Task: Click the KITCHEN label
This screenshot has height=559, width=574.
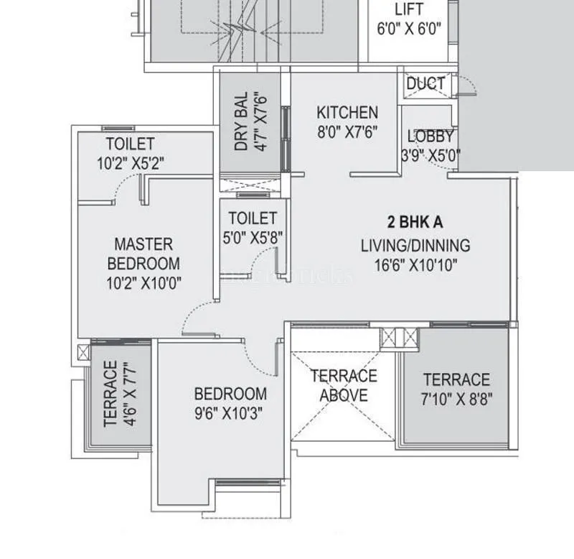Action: pos(347,113)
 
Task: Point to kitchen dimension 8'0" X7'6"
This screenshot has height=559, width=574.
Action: pos(347,131)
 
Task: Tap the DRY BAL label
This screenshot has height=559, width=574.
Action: pos(241,121)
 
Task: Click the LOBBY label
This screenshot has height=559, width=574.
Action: pos(430,136)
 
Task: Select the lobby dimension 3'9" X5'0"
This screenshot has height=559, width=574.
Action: pos(430,154)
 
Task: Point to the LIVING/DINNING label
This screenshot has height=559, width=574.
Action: pos(415,246)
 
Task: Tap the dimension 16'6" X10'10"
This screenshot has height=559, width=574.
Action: pos(415,264)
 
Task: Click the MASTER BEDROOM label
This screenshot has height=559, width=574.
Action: pos(143,254)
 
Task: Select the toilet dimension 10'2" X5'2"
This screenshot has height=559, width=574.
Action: pos(131,163)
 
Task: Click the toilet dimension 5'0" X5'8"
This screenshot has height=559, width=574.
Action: pos(253,236)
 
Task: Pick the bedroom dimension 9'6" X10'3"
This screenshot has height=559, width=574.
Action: pos(230,413)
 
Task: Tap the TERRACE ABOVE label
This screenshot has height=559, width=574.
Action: pos(343,385)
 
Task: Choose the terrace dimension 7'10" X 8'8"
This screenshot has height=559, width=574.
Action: pos(456,398)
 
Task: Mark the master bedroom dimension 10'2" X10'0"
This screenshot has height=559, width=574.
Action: pos(143,283)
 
